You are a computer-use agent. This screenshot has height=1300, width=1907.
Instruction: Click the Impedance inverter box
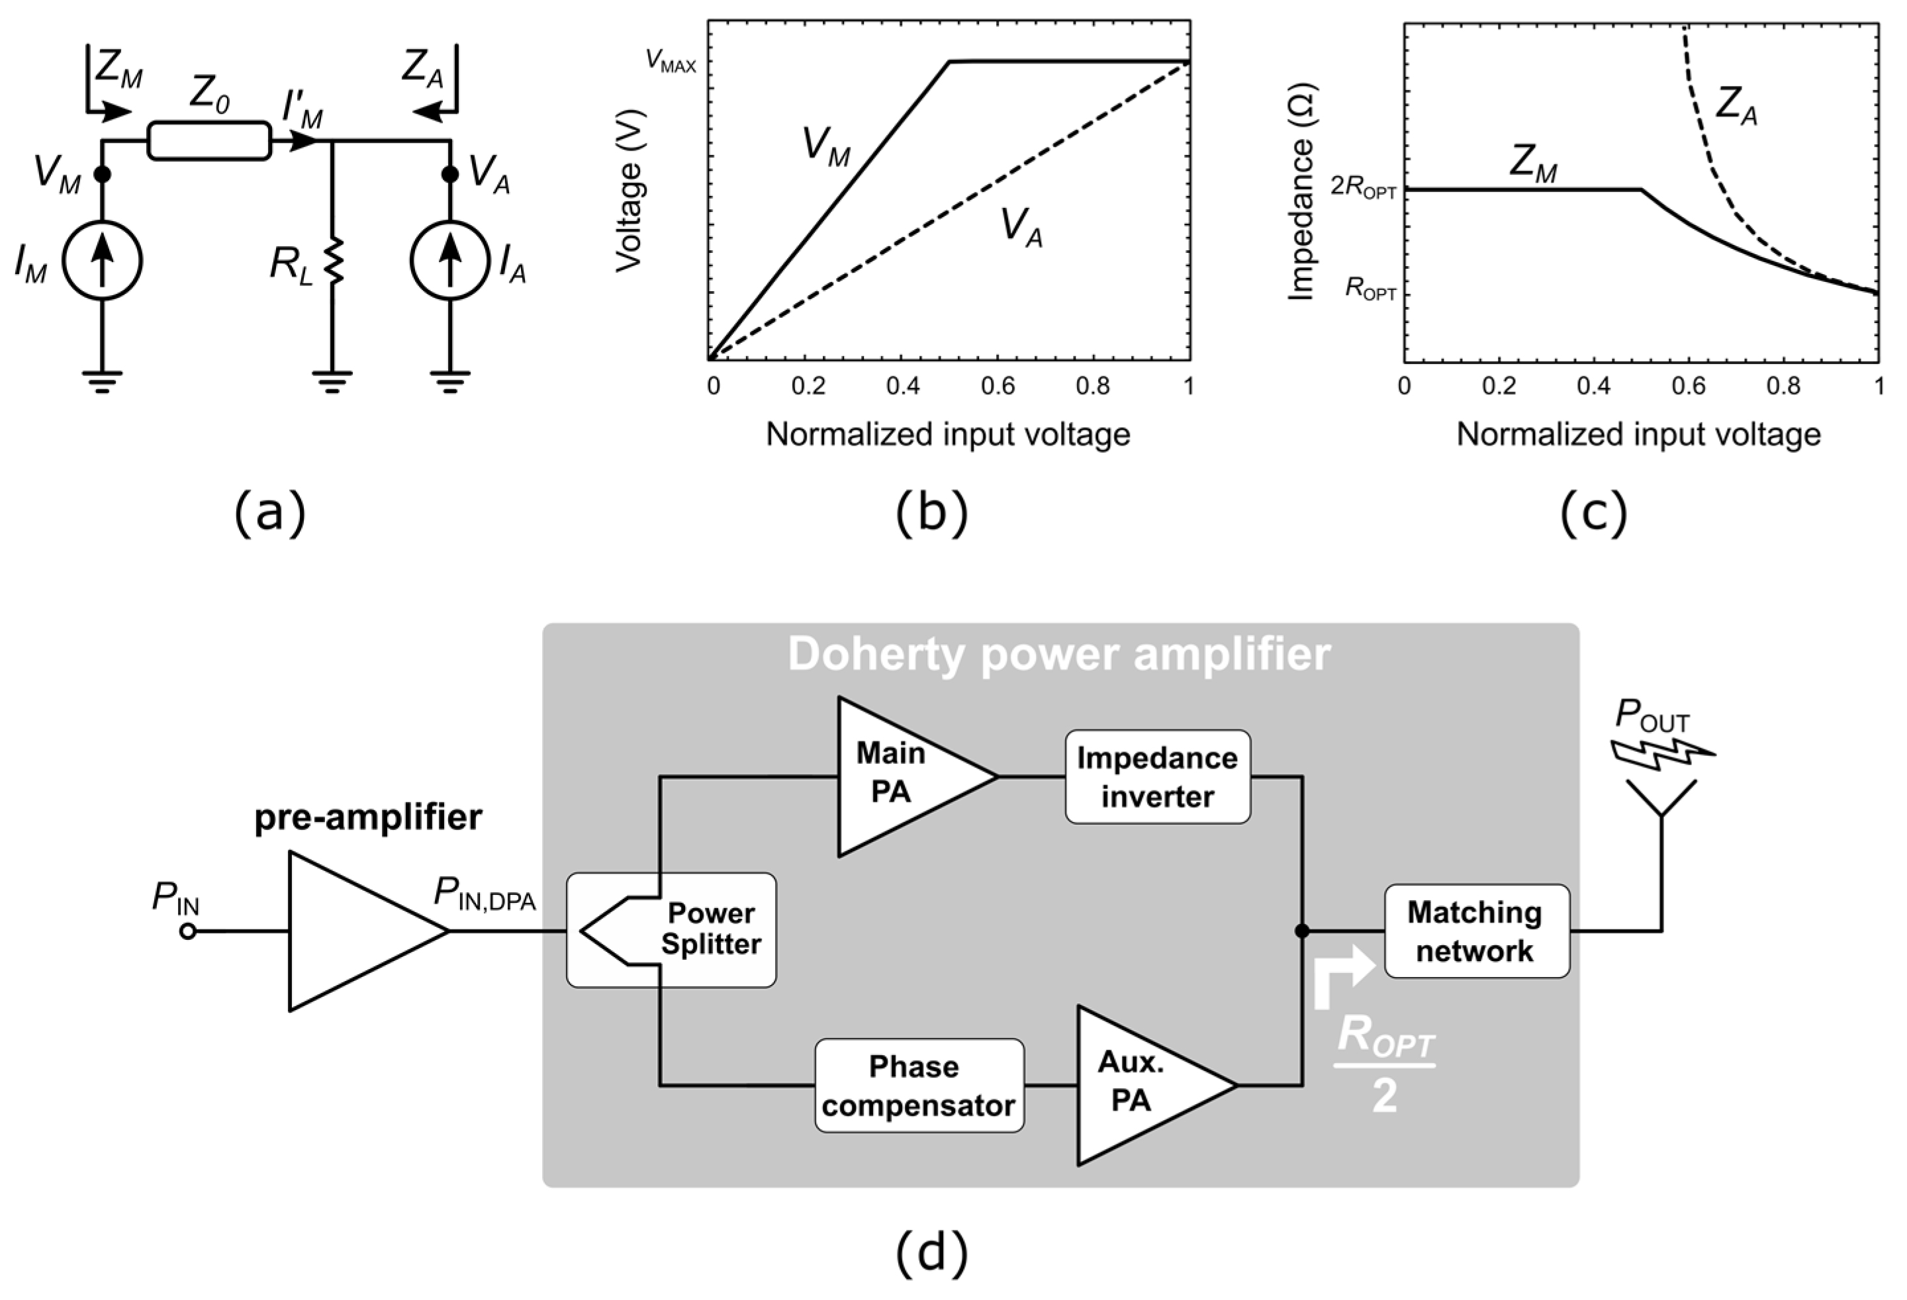[1157, 776]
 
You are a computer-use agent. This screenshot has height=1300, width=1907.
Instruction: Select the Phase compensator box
[919, 1086]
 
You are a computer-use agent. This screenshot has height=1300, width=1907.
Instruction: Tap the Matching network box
[1476, 931]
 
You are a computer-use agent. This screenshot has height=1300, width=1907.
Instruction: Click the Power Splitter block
[671, 930]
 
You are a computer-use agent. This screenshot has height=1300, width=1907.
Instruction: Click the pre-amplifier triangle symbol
[353, 931]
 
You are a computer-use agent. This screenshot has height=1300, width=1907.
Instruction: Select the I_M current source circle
[103, 260]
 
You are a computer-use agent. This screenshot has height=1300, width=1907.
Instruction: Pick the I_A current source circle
[449, 260]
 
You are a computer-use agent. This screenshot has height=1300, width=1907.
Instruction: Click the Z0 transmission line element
[209, 140]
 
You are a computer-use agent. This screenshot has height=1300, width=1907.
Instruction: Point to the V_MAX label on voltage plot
[671, 62]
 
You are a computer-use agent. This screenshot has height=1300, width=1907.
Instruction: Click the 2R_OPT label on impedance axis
[1362, 188]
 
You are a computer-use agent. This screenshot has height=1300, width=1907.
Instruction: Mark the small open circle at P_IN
[188, 931]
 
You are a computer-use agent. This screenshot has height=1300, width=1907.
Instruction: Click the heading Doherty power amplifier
[1058, 655]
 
